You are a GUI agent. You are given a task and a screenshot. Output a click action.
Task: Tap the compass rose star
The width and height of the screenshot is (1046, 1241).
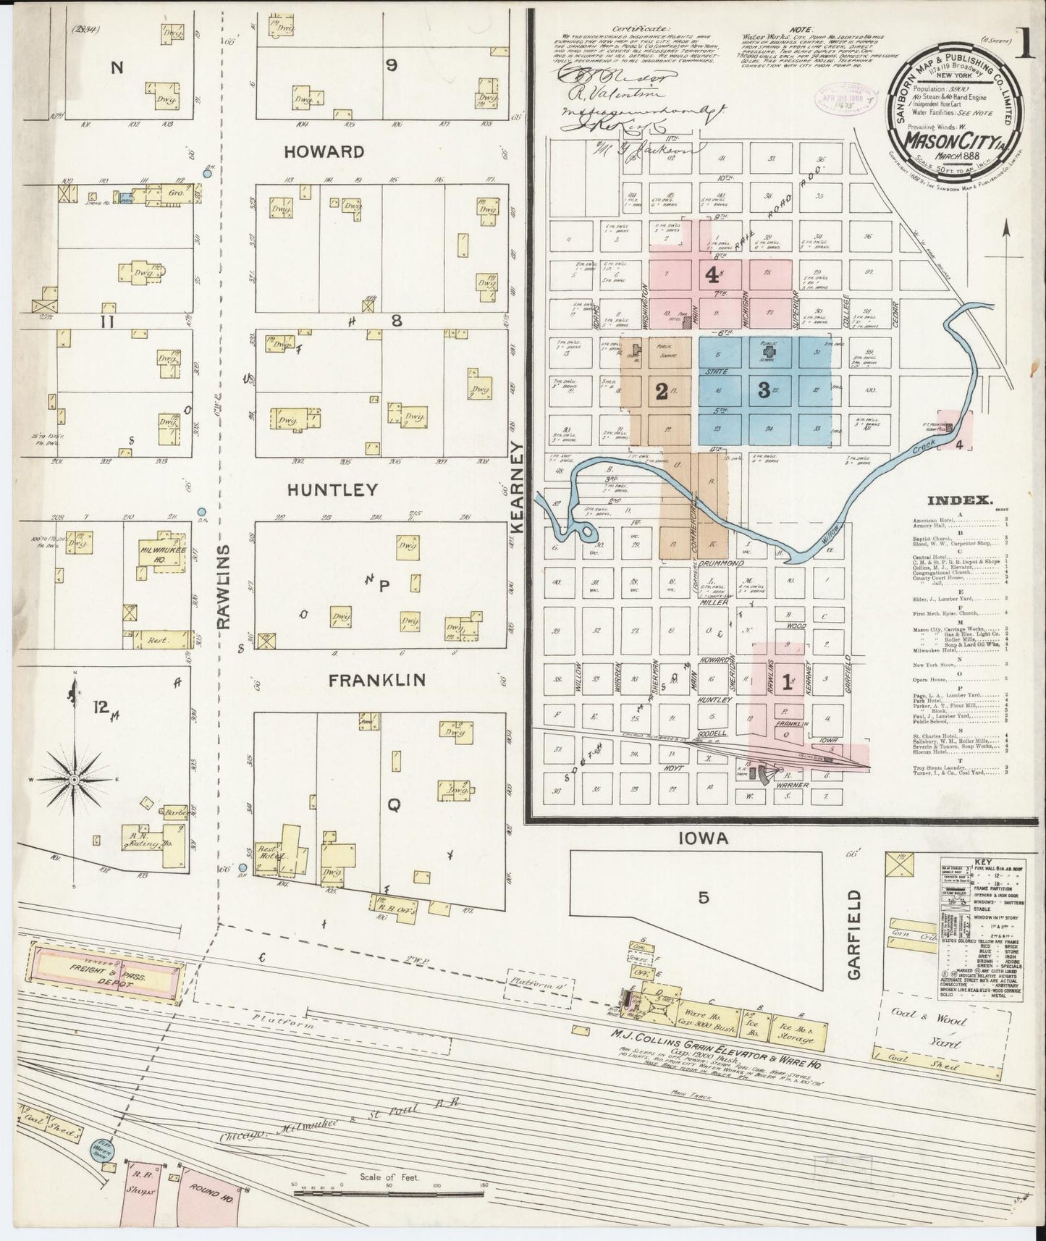[x=75, y=778]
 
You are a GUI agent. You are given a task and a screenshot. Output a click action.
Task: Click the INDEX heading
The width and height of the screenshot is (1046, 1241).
[x=959, y=500]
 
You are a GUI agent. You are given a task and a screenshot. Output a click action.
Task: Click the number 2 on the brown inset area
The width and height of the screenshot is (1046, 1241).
[x=660, y=391]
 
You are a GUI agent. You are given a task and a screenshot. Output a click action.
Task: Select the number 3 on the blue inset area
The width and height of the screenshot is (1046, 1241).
[x=763, y=390]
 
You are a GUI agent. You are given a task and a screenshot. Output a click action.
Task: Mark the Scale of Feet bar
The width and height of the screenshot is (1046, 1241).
[x=388, y=1190]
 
